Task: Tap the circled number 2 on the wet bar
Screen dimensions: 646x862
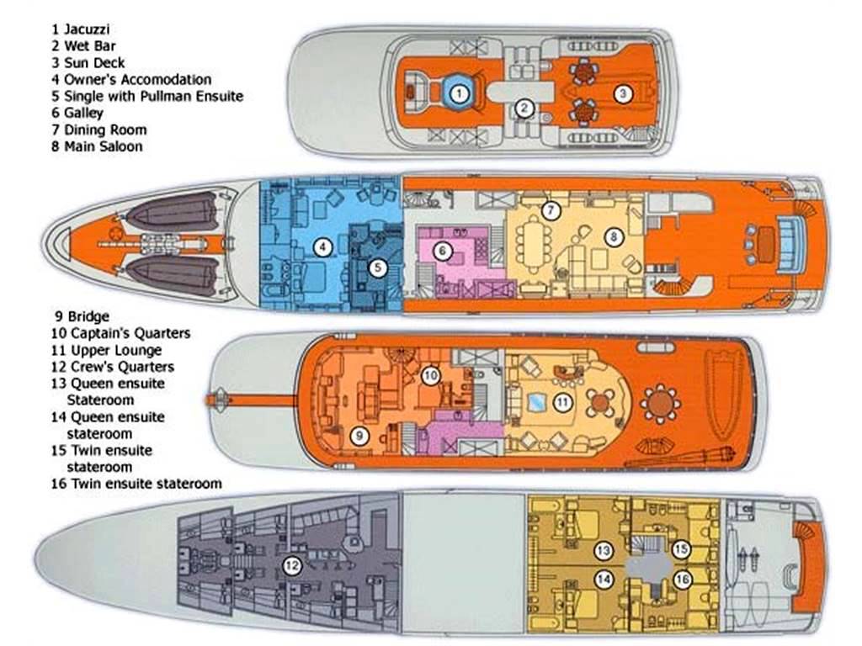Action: (x=524, y=108)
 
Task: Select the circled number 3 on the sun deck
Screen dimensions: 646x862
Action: (x=622, y=94)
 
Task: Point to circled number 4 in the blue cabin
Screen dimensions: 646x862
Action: (x=321, y=246)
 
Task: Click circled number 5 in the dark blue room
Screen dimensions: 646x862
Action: (x=378, y=268)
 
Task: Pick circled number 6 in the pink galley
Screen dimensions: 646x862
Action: (x=442, y=250)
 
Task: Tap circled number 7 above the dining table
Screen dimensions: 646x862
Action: (x=550, y=210)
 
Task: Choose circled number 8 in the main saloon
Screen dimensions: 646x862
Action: (x=615, y=237)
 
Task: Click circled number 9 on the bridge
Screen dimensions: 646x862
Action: (x=358, y=435)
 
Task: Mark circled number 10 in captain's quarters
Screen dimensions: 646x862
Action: (x=430, y=375)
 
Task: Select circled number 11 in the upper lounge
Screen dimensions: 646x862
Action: (x=562, y=403)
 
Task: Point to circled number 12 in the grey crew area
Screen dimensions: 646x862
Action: (x=291, y=566)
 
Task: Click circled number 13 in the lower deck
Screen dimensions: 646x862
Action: (x=603, y=552)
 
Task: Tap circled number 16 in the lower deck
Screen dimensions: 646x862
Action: (x=683, y=579)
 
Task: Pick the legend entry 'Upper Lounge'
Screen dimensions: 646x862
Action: (x=104, y=350)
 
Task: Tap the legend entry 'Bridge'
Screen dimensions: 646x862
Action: (x=82, y=316)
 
